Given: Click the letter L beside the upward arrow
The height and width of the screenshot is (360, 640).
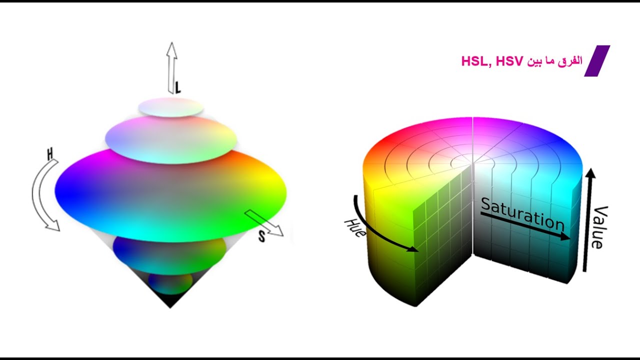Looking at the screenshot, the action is click(177, 87).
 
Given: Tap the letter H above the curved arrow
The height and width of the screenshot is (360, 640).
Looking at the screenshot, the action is click(50, 154).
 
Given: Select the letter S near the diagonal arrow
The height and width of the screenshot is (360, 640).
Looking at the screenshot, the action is click(261, 236).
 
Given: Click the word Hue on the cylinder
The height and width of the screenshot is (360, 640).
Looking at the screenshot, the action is click(355, 228).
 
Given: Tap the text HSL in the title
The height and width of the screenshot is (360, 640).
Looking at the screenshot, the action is click(475, 61).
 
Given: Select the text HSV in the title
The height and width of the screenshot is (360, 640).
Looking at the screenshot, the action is click(509, 61).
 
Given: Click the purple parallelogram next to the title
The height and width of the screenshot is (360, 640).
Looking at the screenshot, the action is click(597, 61).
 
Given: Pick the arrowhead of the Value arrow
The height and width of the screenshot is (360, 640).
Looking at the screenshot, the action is click(591, 173).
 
